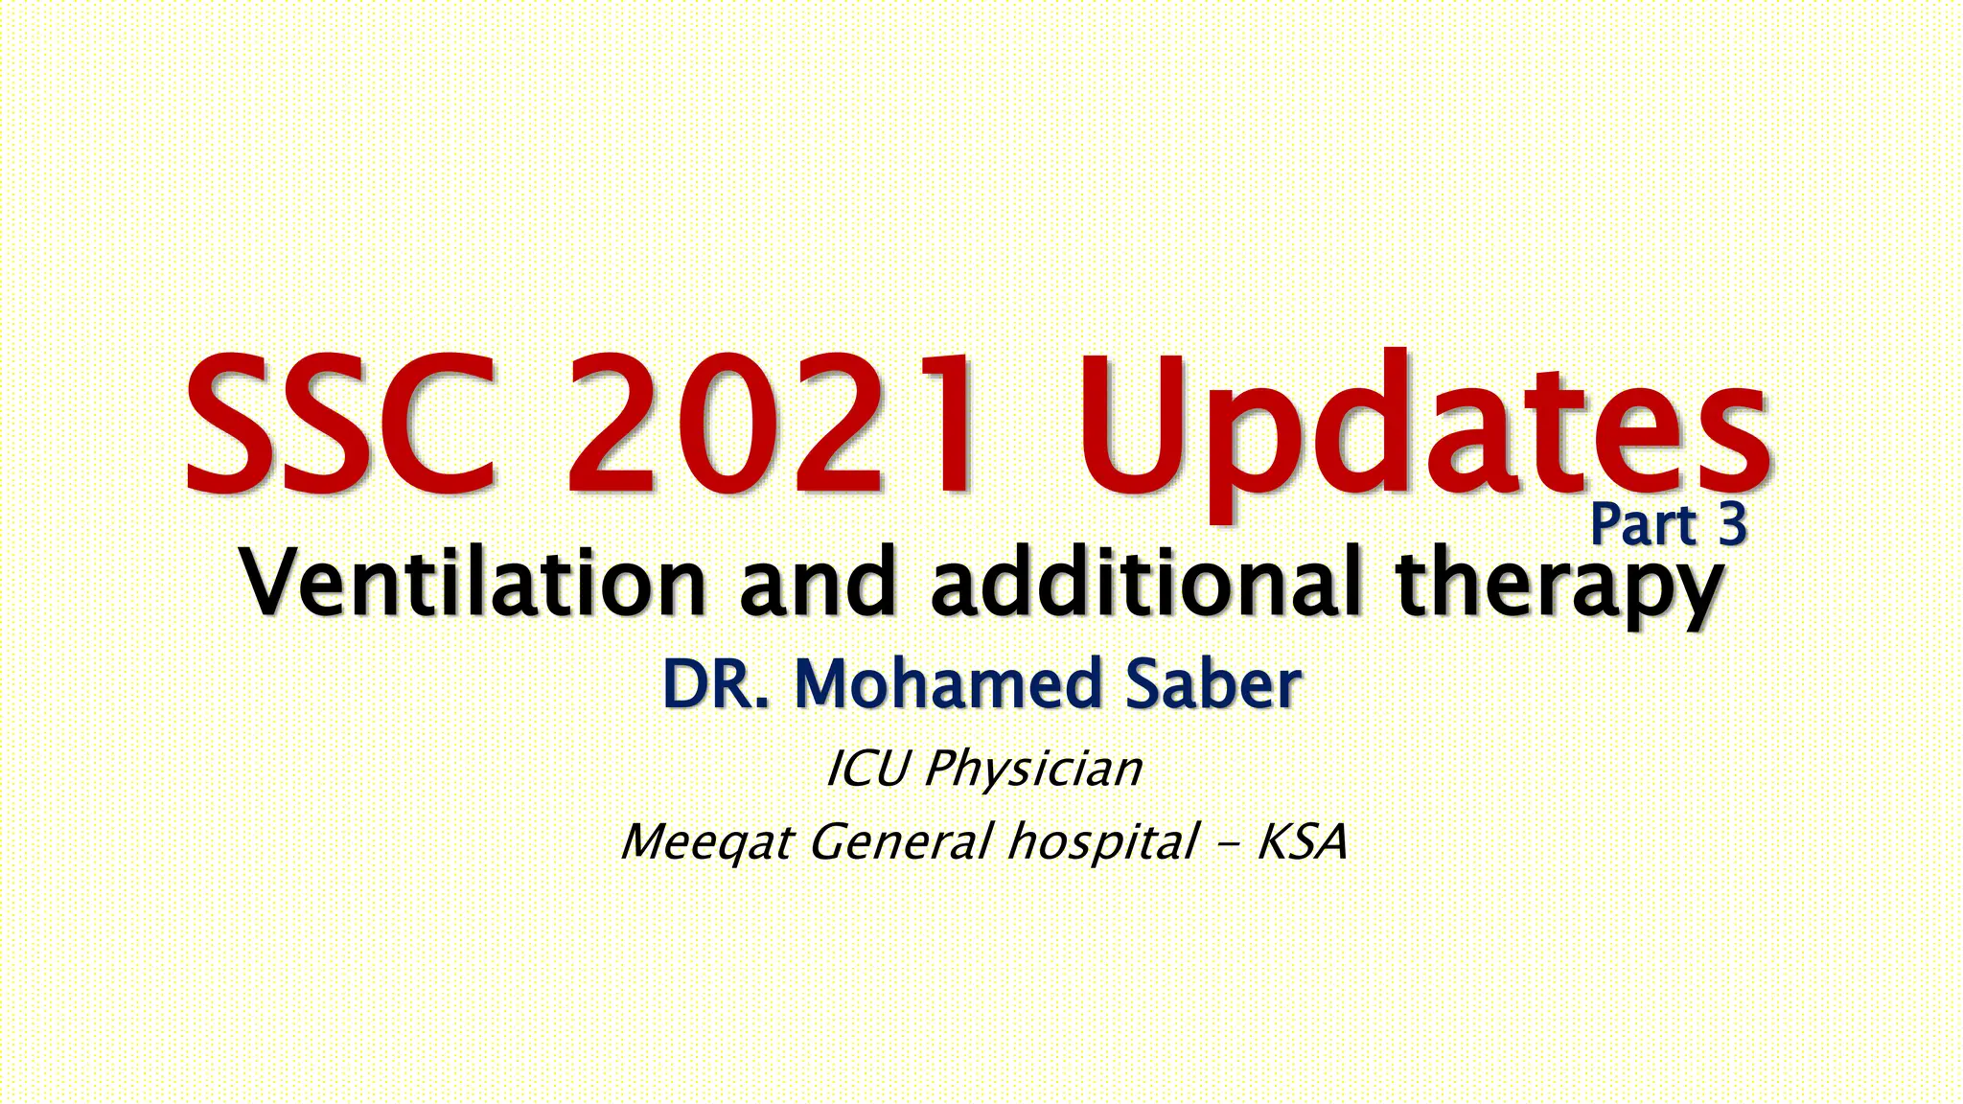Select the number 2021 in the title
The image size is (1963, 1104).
(774, 424)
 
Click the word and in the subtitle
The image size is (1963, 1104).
(817, 582)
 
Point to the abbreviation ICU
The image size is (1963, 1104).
(866, 769)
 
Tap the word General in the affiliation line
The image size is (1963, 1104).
(900, 842)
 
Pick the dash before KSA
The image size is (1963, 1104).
(1227, 844)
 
